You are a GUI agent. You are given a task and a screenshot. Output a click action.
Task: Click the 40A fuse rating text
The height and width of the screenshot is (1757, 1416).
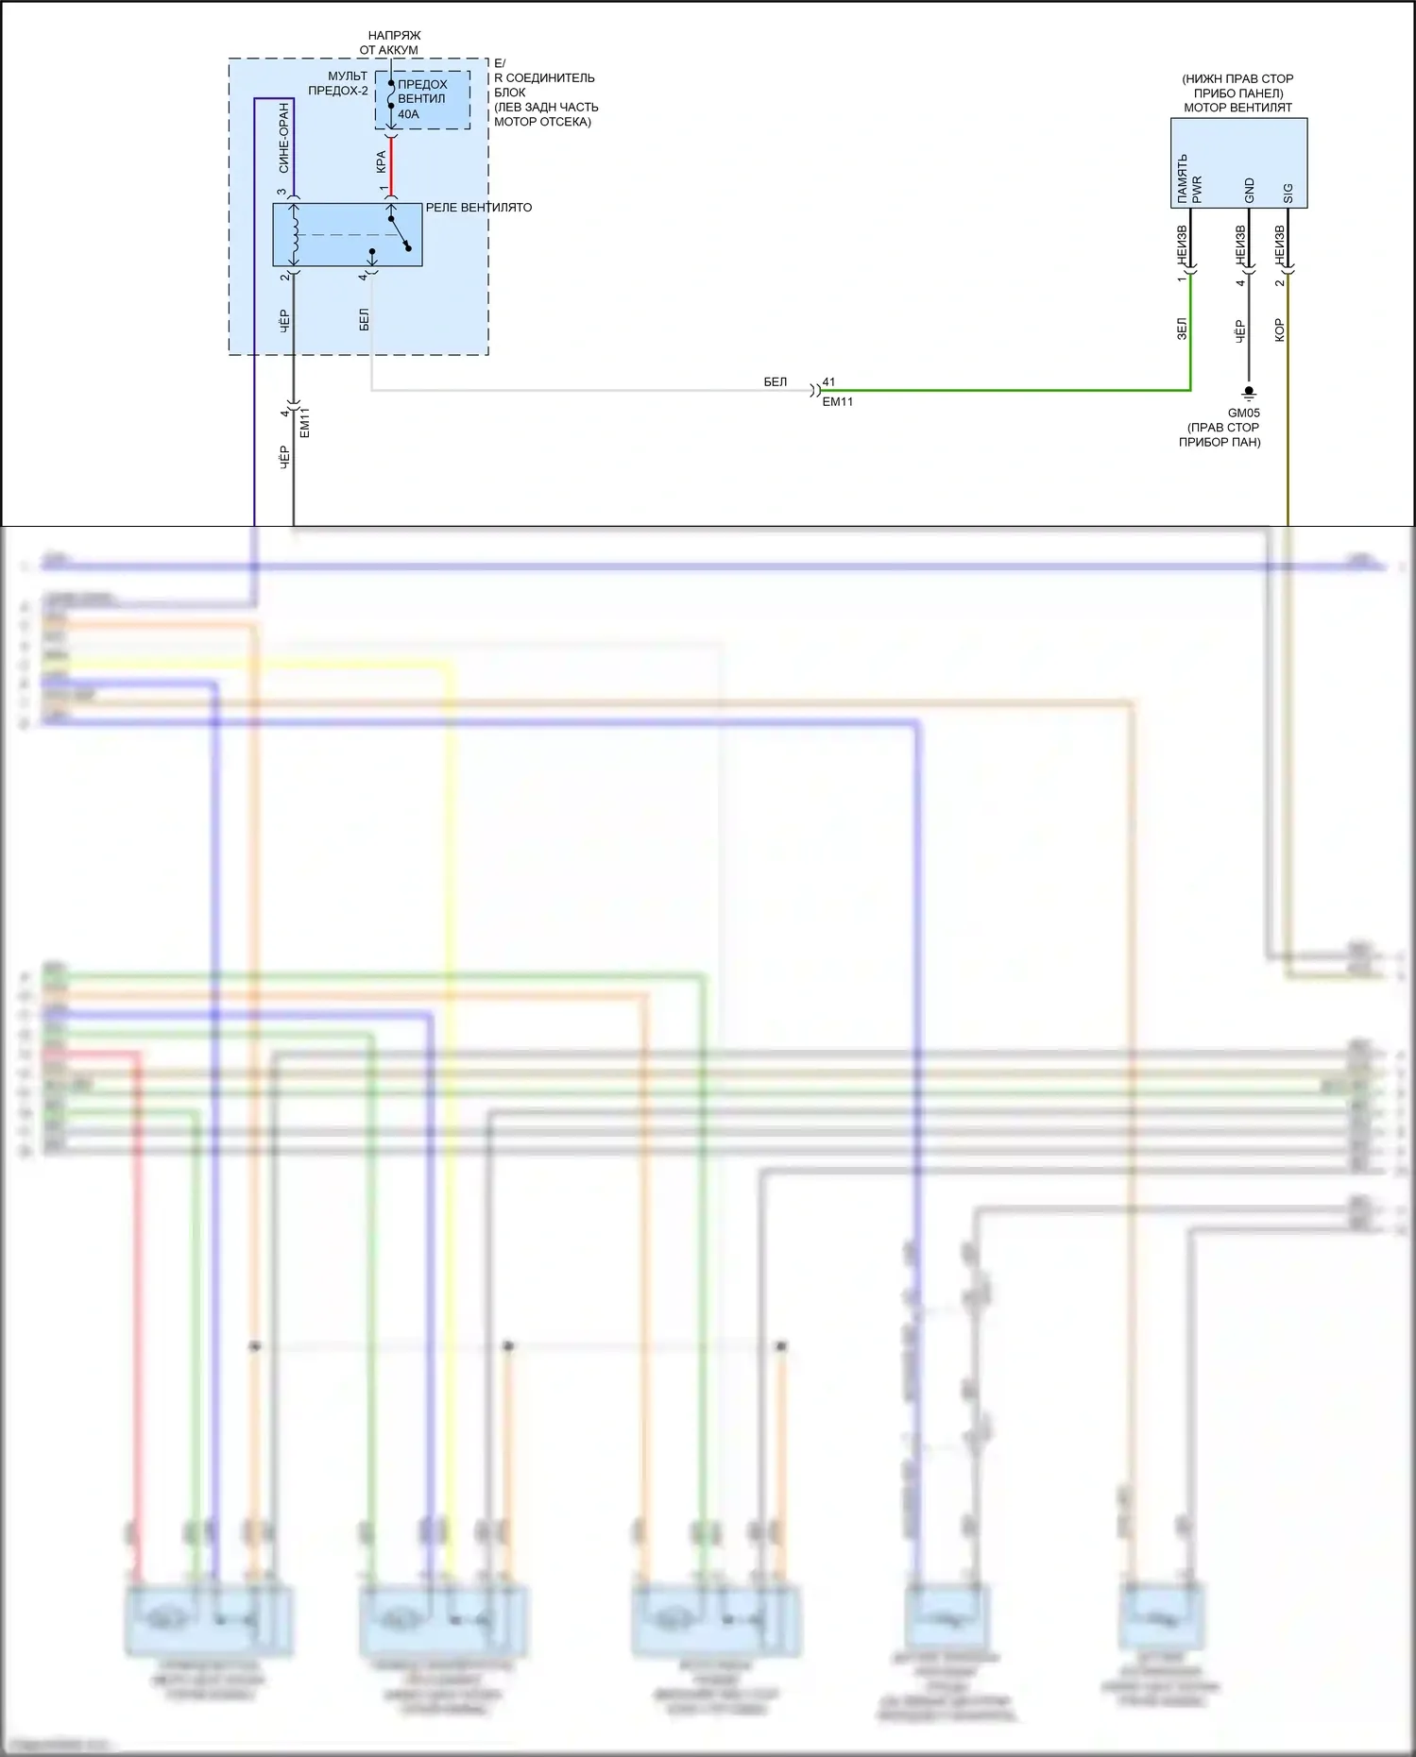408,114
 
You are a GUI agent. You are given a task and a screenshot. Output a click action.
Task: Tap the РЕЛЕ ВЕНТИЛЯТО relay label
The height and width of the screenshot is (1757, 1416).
478,208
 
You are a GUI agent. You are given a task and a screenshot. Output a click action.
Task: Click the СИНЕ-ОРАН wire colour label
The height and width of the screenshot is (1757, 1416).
284,138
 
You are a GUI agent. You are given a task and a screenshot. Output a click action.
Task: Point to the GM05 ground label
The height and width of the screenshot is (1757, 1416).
1243,413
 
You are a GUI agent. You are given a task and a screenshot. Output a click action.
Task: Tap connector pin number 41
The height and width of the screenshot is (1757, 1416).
828,382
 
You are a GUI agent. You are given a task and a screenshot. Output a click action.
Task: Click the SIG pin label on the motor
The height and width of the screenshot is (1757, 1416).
1288,194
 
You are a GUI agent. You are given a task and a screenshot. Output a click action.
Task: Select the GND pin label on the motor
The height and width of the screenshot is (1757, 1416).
1249,191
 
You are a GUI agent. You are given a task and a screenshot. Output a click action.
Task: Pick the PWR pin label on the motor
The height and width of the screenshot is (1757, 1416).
1197,189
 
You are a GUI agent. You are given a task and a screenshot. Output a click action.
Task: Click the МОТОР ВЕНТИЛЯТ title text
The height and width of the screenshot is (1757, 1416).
1237,108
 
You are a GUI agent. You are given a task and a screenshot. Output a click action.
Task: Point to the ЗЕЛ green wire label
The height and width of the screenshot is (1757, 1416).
1182,329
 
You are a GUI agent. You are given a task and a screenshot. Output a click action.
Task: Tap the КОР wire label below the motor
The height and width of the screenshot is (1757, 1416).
1280,329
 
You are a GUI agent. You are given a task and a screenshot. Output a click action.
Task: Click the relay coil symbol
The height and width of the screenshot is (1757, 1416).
295,235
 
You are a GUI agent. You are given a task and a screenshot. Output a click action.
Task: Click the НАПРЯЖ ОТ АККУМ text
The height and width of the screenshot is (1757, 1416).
391,42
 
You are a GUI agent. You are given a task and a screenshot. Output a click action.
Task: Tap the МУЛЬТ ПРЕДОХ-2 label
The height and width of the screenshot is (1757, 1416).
339,83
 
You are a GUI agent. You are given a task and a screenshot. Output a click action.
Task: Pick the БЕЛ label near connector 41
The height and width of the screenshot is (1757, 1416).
775,382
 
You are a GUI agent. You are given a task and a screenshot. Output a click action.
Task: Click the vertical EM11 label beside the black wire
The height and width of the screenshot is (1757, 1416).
304,422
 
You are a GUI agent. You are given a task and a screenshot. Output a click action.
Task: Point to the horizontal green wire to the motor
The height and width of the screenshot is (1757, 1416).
1001,390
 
